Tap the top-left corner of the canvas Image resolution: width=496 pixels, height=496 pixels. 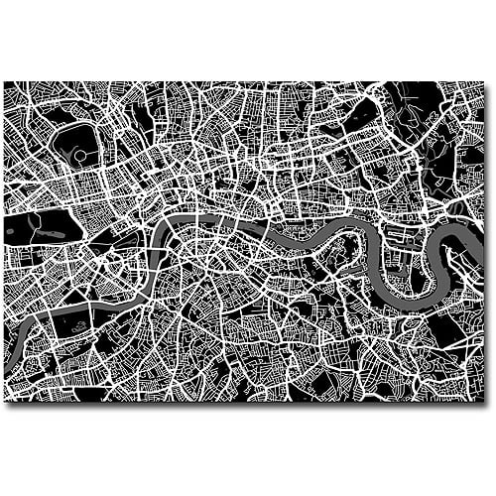click(4, 82)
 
